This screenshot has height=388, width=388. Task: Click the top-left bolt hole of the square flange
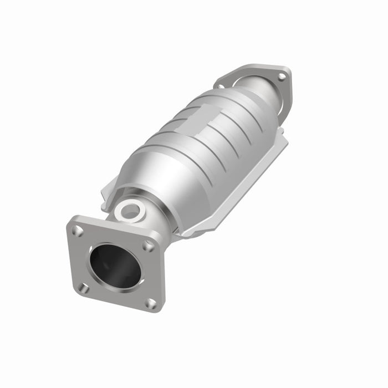[x=78, y=230]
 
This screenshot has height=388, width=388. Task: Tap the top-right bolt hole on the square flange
[x=148, y=244]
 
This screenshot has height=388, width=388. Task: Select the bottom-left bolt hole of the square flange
[x=84, y=288]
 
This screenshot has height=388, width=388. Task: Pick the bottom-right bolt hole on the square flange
[x=150, y=303]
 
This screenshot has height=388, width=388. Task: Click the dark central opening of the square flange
[x=115, y=266]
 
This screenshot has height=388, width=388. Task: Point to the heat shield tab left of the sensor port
[x=108, y=194]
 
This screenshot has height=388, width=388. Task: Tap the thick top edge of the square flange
[x=116, y=227]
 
